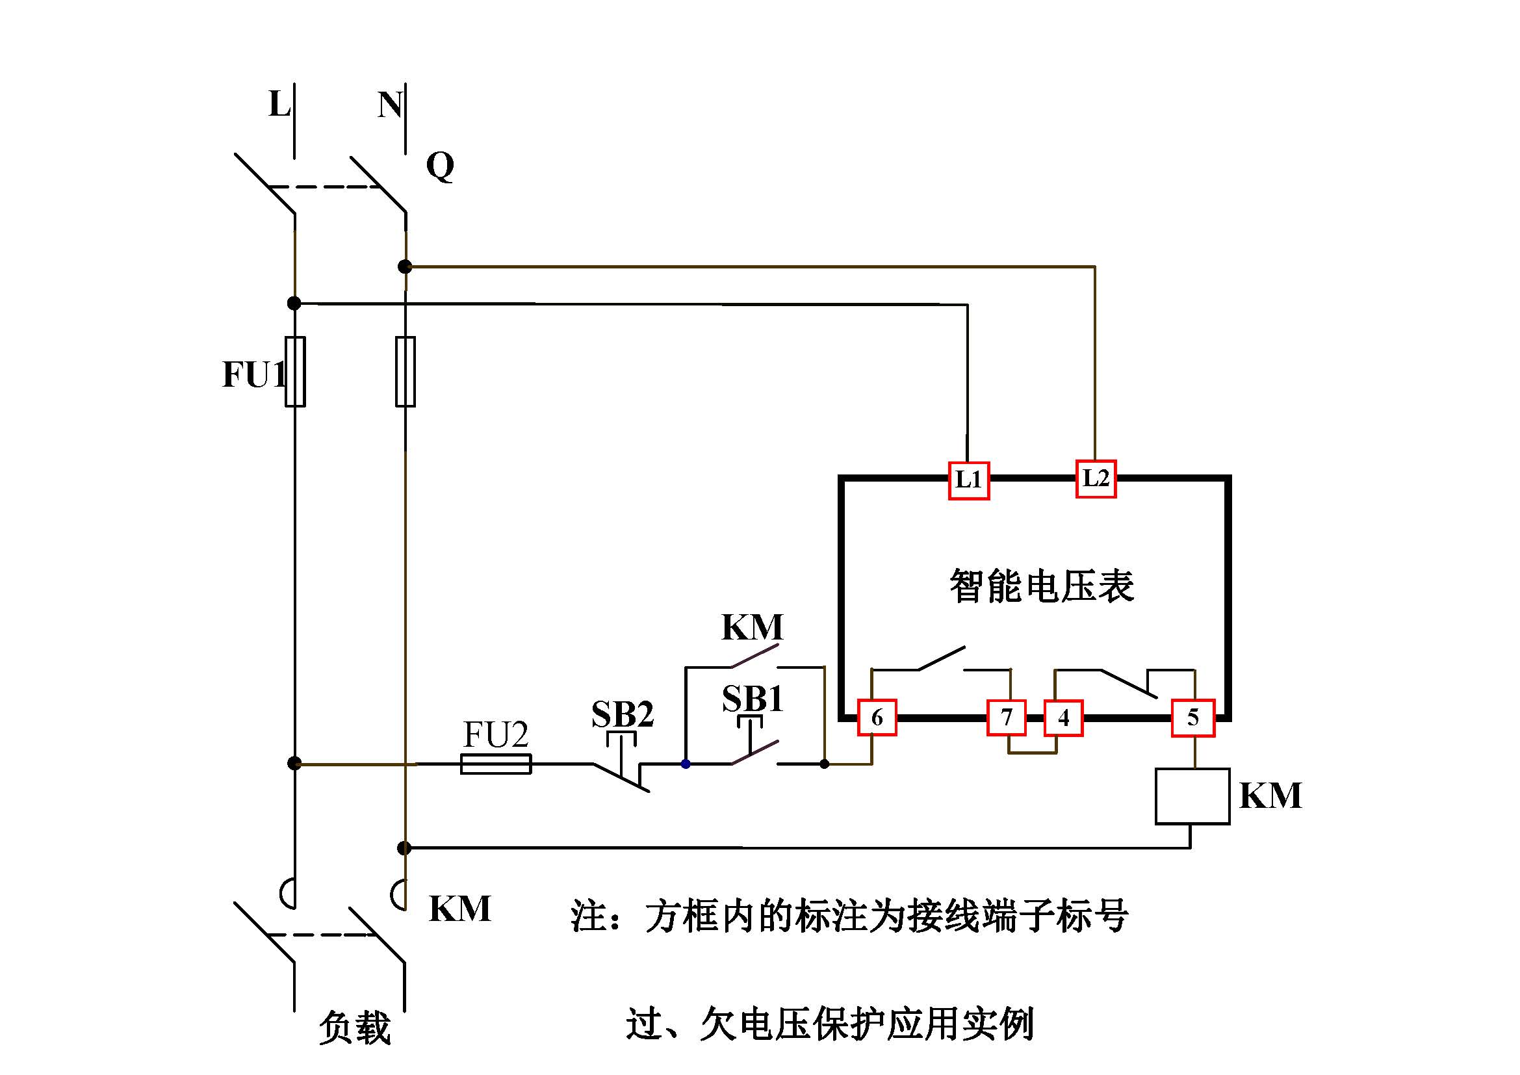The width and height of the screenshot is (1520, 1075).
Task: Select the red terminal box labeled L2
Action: (x=1096, y=478)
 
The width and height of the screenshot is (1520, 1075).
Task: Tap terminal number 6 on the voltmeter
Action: (x=877, y=718)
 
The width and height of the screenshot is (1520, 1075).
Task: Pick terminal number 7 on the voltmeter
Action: (x=1006, y=718)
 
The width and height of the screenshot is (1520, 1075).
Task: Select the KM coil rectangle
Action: (x=1192, y=796)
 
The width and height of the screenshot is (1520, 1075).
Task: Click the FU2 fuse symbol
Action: (x=496, y=764)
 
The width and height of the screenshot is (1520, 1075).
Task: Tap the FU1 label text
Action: (x=254, y=374)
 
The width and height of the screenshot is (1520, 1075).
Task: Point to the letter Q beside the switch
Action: (x=440, y=166)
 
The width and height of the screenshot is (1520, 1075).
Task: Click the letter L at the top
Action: (x=279, y=105)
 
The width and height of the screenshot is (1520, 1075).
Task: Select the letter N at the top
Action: (x=390, y=105)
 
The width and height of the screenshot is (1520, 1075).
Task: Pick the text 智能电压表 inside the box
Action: (x=1041, y=586)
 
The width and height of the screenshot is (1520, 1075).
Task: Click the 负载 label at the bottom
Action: (x=355, y=1028)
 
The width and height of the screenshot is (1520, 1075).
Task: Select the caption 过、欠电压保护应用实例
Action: (x=829, y=1024)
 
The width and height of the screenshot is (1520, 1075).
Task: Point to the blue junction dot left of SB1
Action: (x=686, y=764)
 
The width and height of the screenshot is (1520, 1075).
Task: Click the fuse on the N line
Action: (x=405, y=371)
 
